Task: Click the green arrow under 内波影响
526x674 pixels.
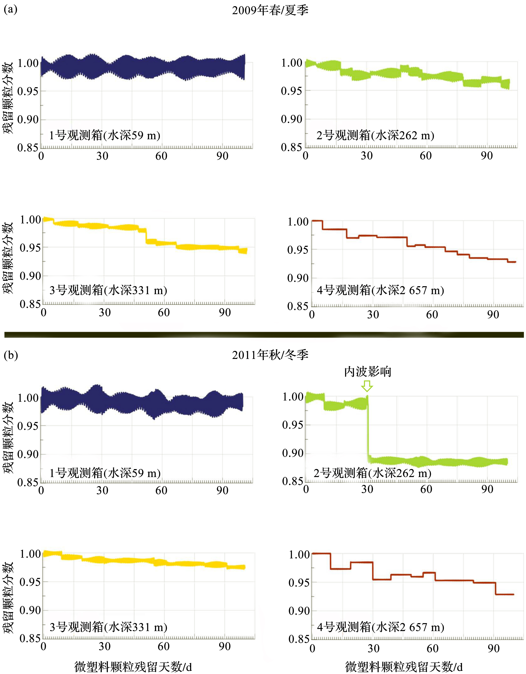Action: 367,386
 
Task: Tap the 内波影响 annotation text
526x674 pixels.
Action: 367,372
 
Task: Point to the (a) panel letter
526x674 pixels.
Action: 11,9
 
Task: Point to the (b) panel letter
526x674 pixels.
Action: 11,355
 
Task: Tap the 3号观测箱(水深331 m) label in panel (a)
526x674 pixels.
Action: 108,290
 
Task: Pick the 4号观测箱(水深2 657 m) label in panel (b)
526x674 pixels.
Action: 380,627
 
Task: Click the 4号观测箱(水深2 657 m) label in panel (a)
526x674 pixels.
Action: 380,290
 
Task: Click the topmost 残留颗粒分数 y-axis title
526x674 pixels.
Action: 8,98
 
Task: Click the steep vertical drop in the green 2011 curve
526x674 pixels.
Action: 368,429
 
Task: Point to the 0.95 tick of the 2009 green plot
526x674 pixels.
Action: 291,91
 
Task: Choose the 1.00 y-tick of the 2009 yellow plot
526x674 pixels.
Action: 30,220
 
